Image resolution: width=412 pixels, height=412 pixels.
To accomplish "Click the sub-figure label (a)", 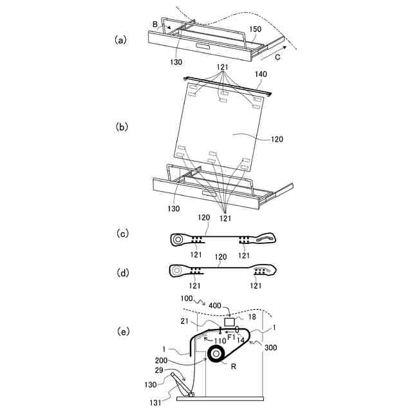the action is click(120, 40).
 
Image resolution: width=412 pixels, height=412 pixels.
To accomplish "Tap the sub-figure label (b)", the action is click(120, 127).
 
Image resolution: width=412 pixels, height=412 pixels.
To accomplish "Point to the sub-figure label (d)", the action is click(120, 273).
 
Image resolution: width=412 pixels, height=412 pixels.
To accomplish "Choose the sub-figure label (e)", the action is click(120, 332).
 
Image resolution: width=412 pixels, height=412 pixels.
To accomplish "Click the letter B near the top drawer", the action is click(155, 24).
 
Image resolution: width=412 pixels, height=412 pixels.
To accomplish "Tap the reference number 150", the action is click(255, 29).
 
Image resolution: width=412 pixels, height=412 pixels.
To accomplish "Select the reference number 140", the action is click(261, 75).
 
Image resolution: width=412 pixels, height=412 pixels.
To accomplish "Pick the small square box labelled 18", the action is click(229, 321).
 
